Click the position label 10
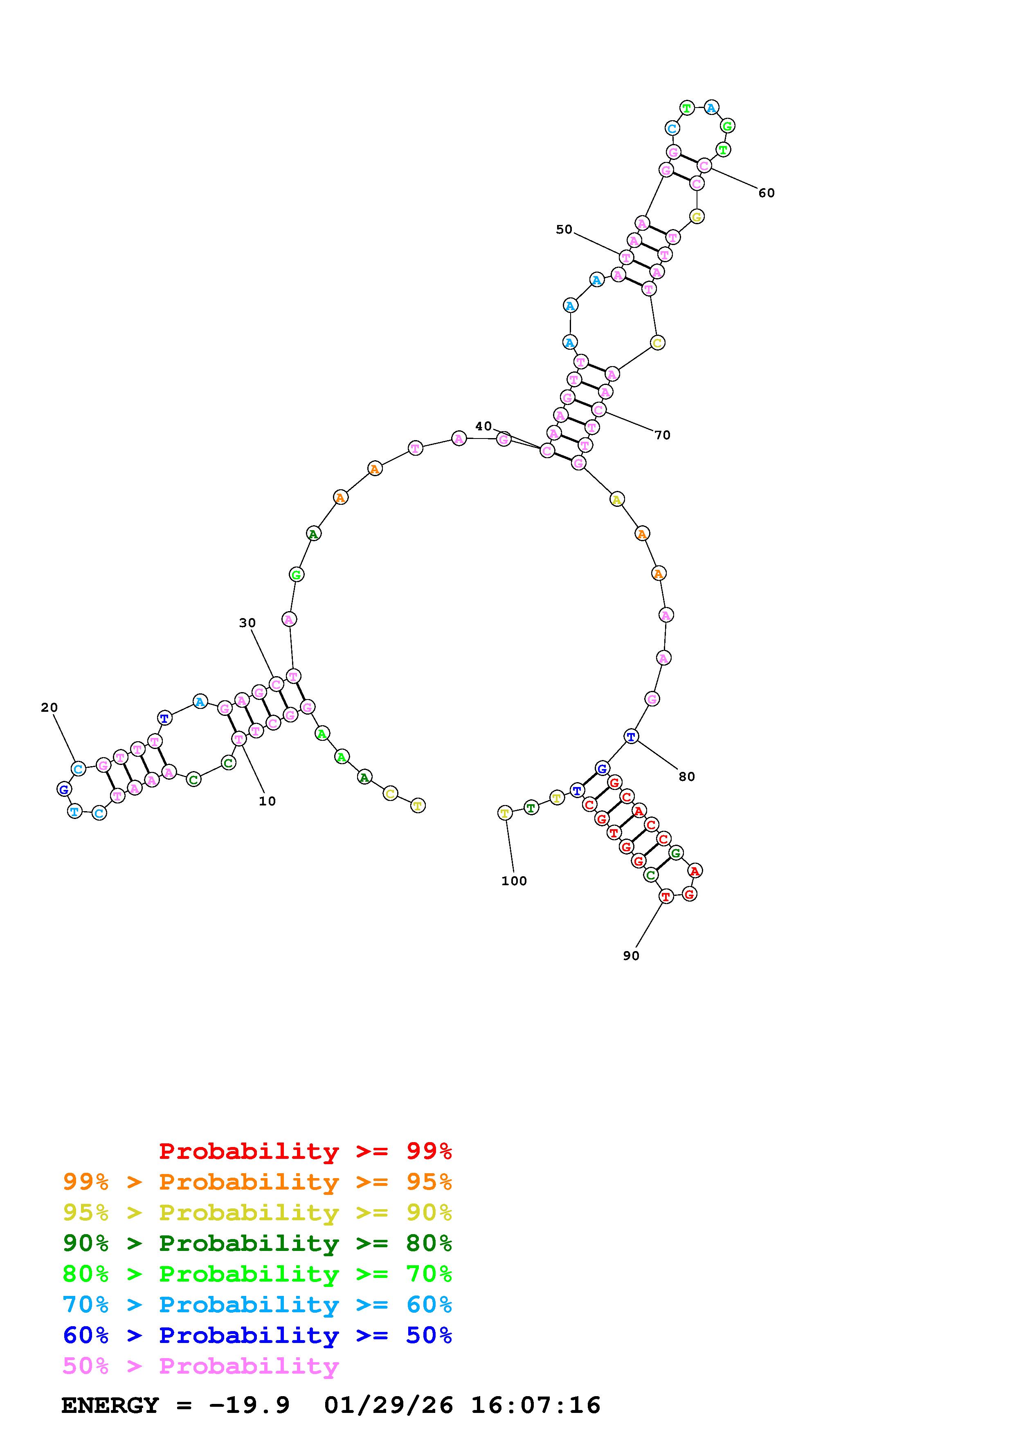(x=268, y=801)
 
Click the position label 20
(x=49, y=708)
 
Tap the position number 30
(x=247, y=623)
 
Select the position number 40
(x=483, y=426)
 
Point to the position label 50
(x=564, y=229)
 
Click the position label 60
(x=767, y=193)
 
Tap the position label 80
(x=687, y=777)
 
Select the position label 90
(x=631, y=956)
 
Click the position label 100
(x=514, y=881)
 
